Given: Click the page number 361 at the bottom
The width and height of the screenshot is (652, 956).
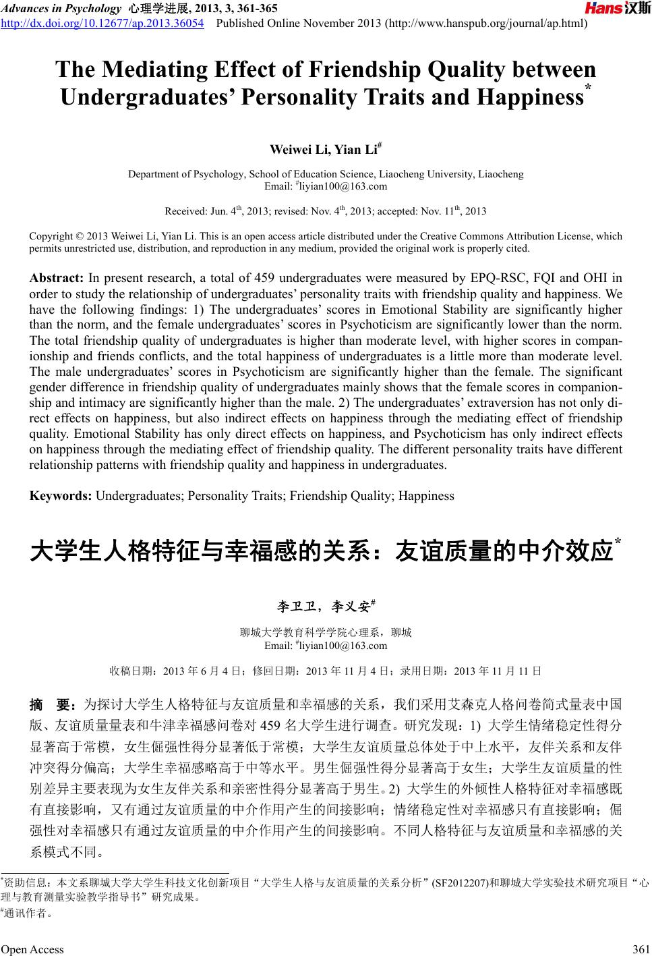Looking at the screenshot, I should [636, 949].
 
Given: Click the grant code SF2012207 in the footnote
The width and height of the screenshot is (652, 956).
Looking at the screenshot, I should [460, 882].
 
